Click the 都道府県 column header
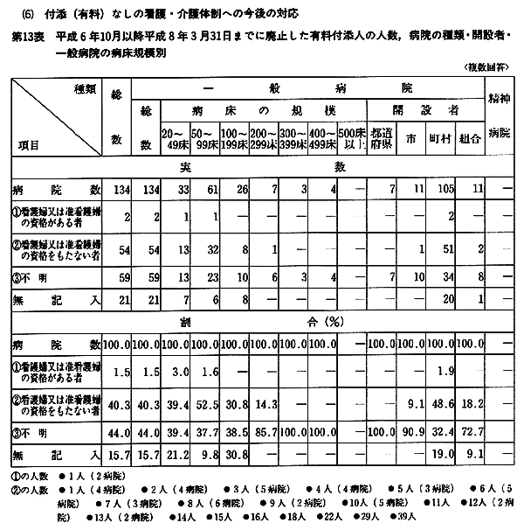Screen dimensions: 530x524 click(x=381, y=138)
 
